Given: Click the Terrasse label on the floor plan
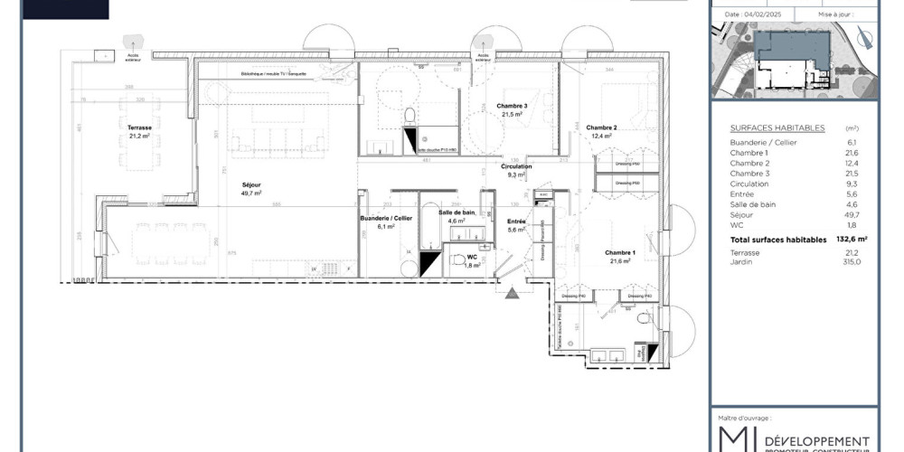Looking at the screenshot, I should (x=140, y=129).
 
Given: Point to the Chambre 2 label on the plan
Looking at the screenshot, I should (x=601, y=127).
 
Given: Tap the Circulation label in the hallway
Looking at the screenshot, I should (x=516, y=166).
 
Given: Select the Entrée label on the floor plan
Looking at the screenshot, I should (x=516, y=222).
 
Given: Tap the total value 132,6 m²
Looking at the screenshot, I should (x=850, y=240).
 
